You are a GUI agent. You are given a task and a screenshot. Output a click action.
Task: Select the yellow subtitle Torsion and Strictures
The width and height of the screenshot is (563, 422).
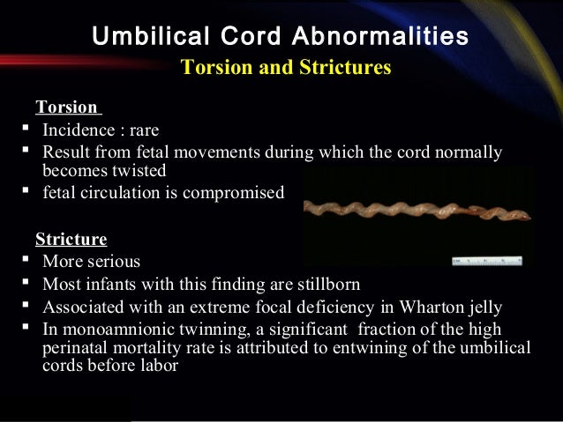[285, 68]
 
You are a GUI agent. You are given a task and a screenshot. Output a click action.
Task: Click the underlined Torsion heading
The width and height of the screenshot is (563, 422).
[66, 107]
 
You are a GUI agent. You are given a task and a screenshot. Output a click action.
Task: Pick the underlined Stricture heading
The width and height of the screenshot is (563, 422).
[71, 239]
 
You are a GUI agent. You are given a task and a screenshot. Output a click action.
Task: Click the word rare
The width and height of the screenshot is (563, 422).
[141, 130]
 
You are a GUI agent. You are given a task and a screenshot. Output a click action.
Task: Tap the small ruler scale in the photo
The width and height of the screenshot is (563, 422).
[486, 261]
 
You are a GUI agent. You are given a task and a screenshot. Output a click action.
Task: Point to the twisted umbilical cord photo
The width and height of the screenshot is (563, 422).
[415, 211]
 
